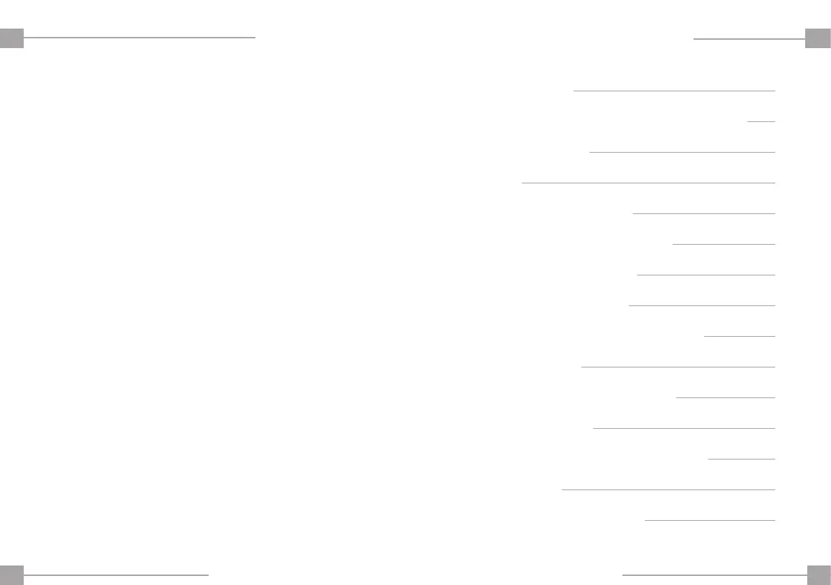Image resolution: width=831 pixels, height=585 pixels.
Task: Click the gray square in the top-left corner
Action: (x=12, y=38)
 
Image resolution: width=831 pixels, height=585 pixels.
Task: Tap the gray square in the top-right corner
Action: (x=818, y=38)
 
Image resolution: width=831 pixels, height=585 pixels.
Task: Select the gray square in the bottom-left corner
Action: (x=12, y=574)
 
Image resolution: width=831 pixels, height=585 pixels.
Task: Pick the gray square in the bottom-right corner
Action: (x=818, y=574)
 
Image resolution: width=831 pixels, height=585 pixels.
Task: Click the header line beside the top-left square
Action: (x=140, y=37)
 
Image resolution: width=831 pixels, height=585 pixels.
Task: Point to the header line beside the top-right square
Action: (x=749, y=39)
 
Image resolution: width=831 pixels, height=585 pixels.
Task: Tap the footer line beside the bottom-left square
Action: (x=117, y=575)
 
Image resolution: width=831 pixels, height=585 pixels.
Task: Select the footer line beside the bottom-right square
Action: (x=714, y=575)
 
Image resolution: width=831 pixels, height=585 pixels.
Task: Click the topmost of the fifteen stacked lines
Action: (x=674, y=91)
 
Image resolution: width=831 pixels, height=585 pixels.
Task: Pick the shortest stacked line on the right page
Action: (x=761, y=121)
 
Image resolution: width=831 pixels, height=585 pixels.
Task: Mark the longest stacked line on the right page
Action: (x=648, y=183)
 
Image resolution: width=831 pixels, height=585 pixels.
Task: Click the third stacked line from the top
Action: (x=682, y=152)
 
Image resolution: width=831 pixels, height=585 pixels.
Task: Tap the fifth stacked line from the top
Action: (x=703, y=213)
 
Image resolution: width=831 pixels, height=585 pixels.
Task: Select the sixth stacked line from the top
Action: (x=724, y=244)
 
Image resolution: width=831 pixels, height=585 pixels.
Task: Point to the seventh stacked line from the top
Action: (x=705, y=275)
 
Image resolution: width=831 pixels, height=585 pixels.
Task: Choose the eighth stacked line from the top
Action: (x=701, y=305)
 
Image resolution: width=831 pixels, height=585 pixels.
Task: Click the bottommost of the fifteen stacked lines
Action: (x=710, y=520)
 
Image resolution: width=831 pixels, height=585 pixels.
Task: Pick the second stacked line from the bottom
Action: (x=668, y=489)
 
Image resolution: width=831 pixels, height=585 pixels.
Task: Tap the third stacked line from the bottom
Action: (x=741, y=459)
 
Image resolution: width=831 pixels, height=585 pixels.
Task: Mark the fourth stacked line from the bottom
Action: (x=684, y=428)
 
